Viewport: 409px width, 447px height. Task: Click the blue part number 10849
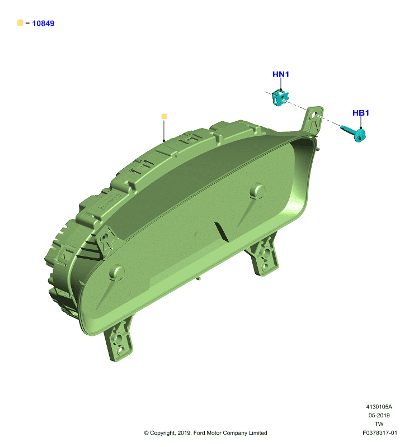click(43, 23)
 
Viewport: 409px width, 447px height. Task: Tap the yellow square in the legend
click(20, 22)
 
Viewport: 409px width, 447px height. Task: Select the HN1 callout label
click(281, 74)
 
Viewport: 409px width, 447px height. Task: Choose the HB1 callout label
click(361, 113)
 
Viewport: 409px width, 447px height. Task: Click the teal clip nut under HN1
click(280, 97)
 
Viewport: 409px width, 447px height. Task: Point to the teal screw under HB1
click(355, 133)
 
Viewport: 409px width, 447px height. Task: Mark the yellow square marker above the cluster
click(164, 116)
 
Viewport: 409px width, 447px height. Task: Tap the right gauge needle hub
click(258, 191)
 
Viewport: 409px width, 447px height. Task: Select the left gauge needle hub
click(117, 273)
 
